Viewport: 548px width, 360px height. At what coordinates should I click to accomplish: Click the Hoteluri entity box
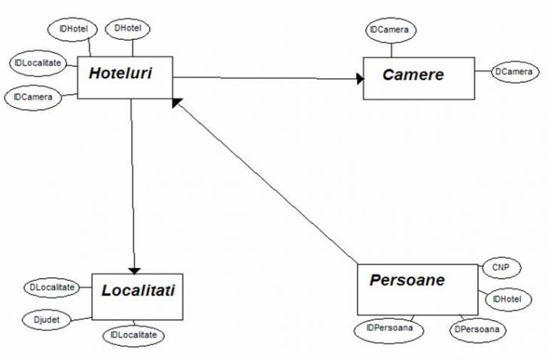click(125, 77)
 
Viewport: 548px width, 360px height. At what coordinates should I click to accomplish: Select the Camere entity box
click(419, 78)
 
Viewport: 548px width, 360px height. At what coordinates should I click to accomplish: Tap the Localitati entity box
click(138, 296)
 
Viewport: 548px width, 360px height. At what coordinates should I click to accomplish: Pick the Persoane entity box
click(416, 288)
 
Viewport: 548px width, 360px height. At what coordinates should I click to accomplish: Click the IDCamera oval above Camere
click(390, 31)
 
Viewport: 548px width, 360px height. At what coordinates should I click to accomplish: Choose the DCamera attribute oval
click(513, 72)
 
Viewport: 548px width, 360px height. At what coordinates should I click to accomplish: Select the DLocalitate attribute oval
click(52, 288)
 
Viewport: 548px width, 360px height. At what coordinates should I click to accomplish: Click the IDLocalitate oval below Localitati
click(134, 334)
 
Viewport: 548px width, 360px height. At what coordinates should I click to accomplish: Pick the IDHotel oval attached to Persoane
click(507, 300)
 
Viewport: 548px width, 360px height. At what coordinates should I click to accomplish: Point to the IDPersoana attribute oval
click(388, 329)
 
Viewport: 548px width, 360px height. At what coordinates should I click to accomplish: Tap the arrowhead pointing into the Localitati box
click(134, 269)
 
